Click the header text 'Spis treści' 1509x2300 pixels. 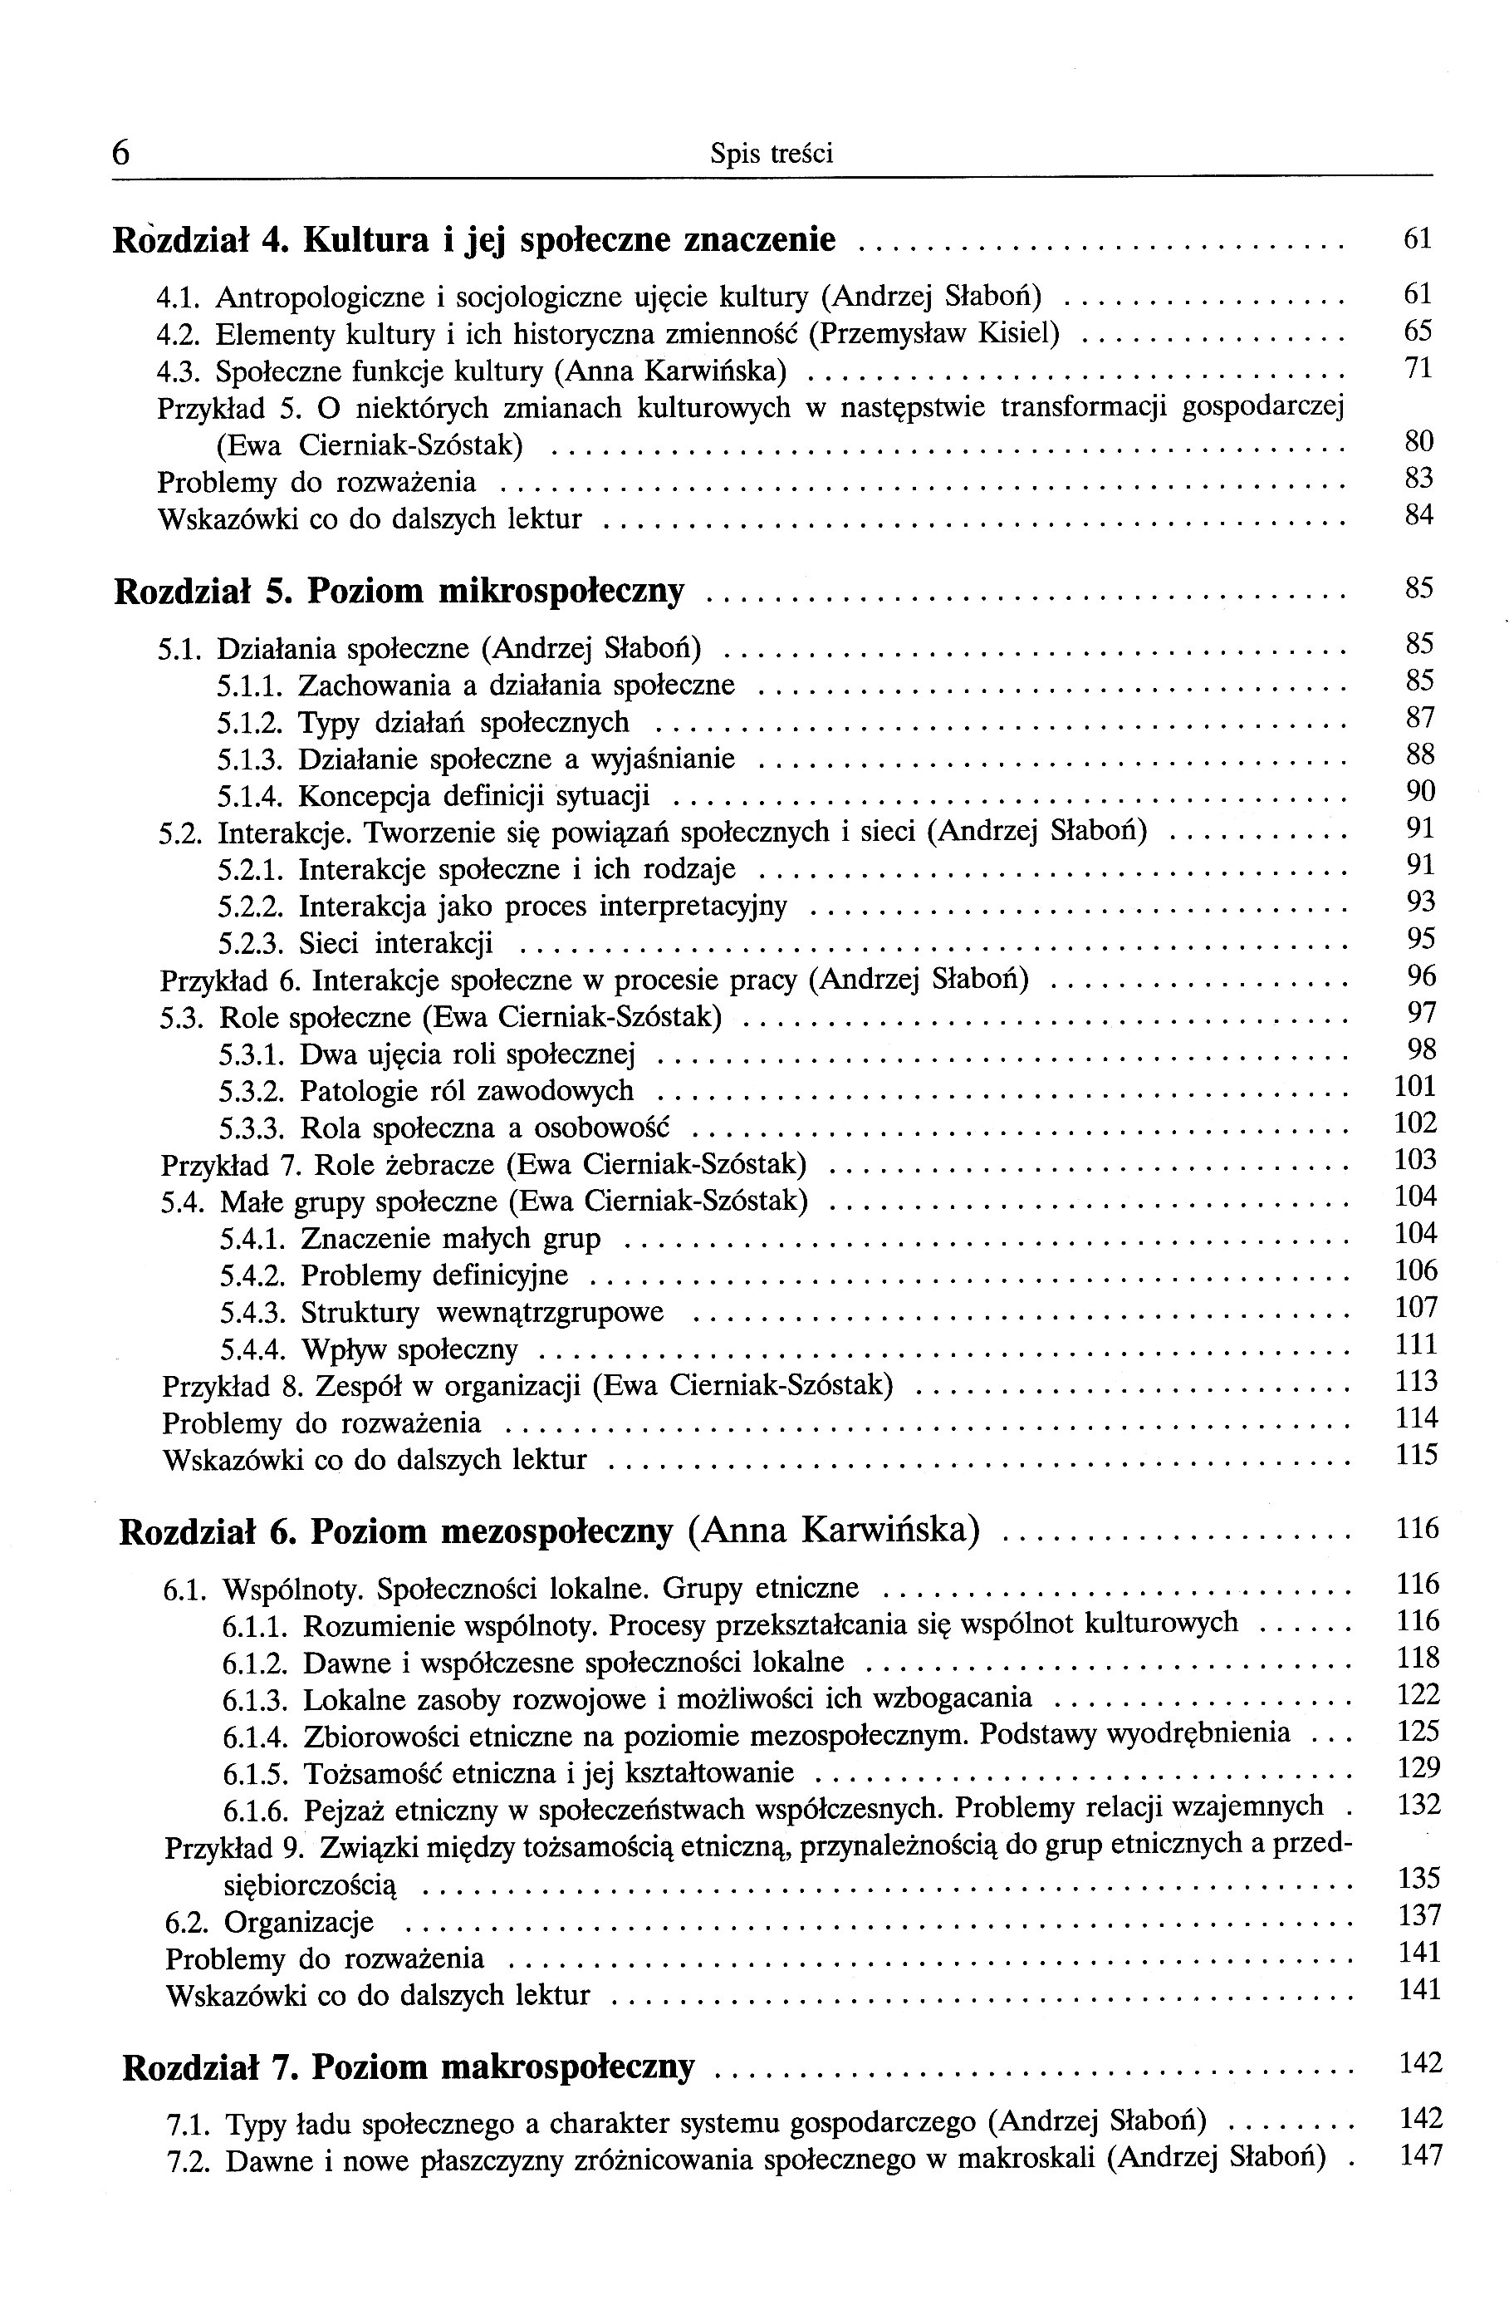771,154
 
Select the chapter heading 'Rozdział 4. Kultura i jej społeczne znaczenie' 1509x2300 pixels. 474,238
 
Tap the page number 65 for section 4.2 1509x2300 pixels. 1417,332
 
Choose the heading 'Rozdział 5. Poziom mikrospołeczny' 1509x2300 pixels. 399,591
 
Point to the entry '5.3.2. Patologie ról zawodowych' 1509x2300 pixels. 426,1091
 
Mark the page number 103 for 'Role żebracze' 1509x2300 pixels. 1415,1160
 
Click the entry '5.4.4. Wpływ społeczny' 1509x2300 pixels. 369,1349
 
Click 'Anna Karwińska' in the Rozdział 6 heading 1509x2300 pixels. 835,1531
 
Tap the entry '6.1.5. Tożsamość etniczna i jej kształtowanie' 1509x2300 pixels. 508,1773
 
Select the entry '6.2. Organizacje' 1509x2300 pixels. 270,1922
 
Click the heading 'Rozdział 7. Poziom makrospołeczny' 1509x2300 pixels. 409,2067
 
